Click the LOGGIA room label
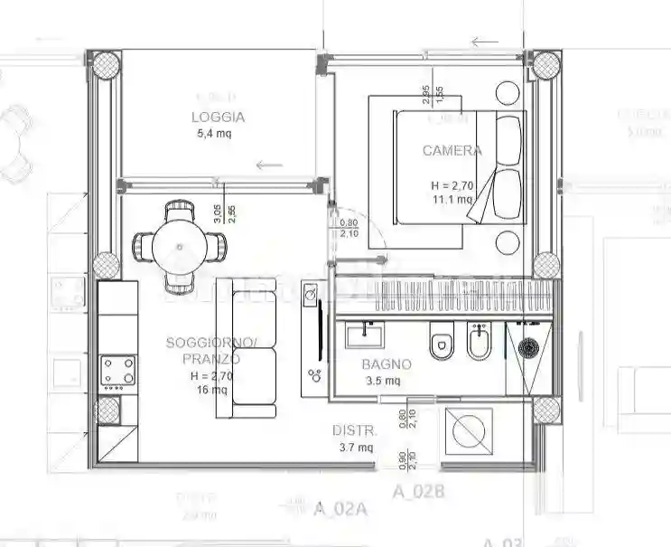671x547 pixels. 218,117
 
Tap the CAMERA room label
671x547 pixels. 452,151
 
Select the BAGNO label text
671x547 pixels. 387,364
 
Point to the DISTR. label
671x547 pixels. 354,430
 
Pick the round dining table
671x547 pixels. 179,246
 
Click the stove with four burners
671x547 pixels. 117,370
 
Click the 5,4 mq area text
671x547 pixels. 214,134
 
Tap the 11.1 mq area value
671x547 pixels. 452,200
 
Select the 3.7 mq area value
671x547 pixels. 354,447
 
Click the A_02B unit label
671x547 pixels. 418,493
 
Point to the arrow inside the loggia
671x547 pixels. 269,165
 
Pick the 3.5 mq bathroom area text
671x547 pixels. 380,381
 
